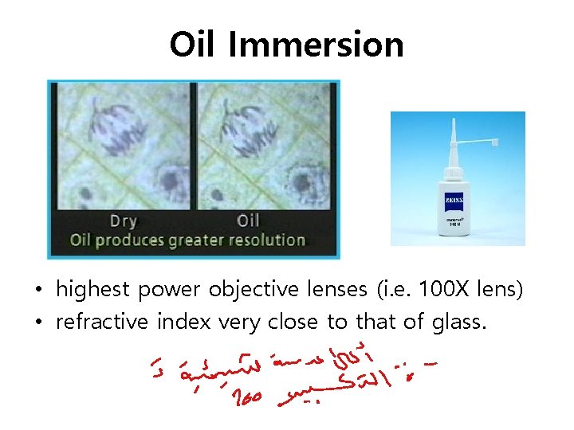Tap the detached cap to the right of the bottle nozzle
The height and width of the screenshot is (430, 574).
point(494,143)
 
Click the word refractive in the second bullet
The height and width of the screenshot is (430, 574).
point(101,322)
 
